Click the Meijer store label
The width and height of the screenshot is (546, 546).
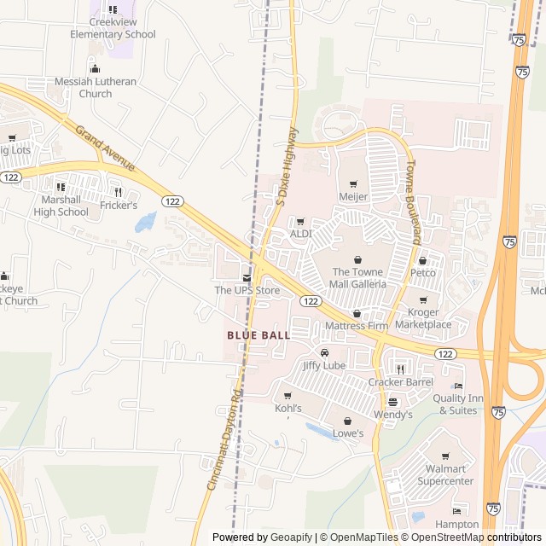[353, 197]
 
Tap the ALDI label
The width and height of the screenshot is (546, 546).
[300, 233]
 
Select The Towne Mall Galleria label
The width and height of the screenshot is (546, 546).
[357, 277]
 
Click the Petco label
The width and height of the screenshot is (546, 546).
[423, 273]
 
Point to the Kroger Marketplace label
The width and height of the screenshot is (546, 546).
[423, 319]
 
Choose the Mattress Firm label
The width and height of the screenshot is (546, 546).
[357, 326]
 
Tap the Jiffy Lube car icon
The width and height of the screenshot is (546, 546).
[324, 352]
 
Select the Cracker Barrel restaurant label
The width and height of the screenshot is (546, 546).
[401, 381]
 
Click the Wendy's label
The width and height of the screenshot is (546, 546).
[393, 415]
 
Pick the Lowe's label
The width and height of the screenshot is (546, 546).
[347, 433]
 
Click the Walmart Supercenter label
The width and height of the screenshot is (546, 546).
[445, 475]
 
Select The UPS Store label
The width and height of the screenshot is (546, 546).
[247, 290]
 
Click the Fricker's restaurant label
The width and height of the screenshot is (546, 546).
[119, 206]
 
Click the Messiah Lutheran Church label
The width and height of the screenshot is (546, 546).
[96, 87]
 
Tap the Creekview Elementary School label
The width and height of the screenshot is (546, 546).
[113, 29]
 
